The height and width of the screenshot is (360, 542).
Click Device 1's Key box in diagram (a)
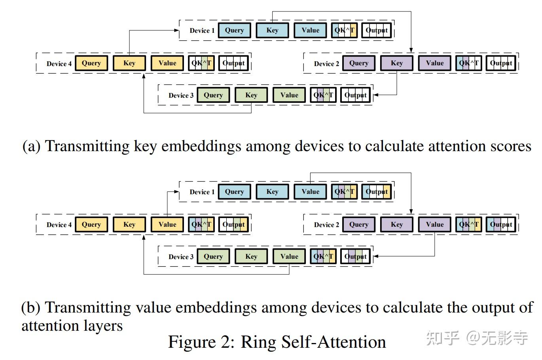[272, 30]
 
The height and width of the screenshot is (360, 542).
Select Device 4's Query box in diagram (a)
[91, 63]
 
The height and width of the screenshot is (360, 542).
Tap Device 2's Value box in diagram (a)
[435, 63]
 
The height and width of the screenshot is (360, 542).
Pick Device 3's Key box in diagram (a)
[251, 95]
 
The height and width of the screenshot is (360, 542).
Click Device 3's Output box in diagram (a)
[355, 95]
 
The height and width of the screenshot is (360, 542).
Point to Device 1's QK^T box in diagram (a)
[344, 30]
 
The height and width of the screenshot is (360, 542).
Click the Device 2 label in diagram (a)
[326, 64]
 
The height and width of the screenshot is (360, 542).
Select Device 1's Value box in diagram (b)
[310, 192]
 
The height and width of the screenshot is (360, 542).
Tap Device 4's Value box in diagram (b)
[167, 225]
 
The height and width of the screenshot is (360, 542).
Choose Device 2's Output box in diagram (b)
[501, 225]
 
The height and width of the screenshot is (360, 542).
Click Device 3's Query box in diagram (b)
[213, 257]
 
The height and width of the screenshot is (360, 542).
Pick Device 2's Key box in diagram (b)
[397, 225]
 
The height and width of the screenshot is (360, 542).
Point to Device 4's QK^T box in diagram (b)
[201, 225]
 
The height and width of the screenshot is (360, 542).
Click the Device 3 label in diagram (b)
[181, 257]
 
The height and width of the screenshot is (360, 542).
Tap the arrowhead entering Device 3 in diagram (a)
[376, 95]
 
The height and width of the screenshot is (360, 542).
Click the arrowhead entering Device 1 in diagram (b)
[178, 192]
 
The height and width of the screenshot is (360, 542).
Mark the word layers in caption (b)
[104, 326]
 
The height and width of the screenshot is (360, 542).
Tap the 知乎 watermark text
[443, 339]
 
